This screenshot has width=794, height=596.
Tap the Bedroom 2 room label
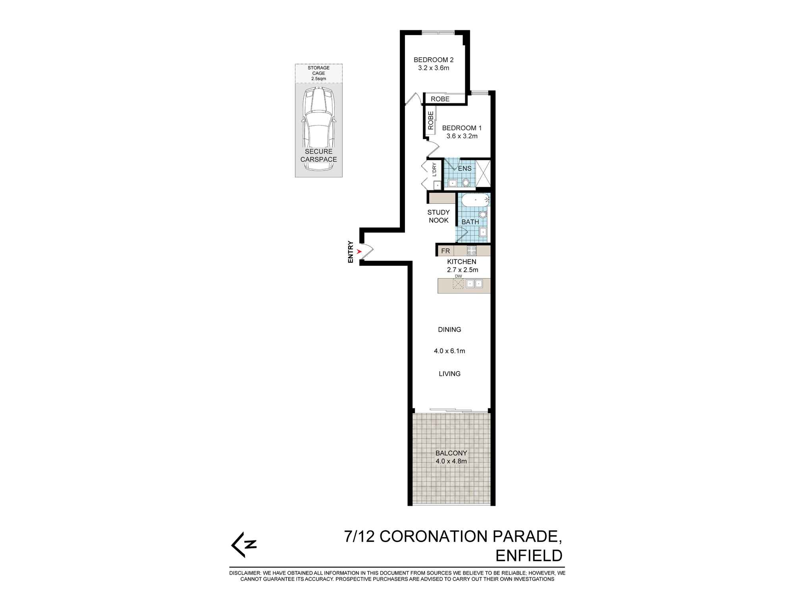point(434,60)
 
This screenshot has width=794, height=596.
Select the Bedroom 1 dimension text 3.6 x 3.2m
point(462,136)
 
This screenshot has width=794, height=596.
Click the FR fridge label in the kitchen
point(445,251)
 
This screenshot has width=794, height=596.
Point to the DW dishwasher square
point(458,284)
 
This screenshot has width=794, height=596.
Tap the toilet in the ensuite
point(466,183)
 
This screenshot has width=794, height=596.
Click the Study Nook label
point(439,217)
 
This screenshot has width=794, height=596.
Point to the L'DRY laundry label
point(434,170)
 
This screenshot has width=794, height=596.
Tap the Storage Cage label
point(318,73)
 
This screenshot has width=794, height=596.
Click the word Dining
point(449,330)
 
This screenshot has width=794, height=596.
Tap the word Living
point(449,374)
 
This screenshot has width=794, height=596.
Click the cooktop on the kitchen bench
point(472,251)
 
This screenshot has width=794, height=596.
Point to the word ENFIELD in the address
point(529,556)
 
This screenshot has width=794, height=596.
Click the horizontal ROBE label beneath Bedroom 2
point(440,99)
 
